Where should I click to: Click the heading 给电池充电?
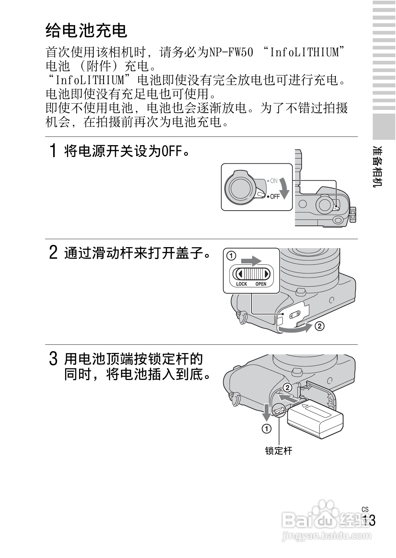click(x=86, y=31)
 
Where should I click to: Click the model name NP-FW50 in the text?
click(x=231, y=52)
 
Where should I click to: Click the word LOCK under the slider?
click(x=242, y=284)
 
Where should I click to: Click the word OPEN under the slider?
click(x=261, y=284)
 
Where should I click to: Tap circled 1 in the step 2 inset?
click(x=231, y=256)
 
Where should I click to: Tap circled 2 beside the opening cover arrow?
click(x=319, y=326)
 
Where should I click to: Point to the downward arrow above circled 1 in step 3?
click(x=266, y=412)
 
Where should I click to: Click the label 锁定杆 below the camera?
click(x=279, y=451)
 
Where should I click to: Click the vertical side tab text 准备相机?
click(x=378, y=166)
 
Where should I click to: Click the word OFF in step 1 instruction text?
click(x=172, y=152)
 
